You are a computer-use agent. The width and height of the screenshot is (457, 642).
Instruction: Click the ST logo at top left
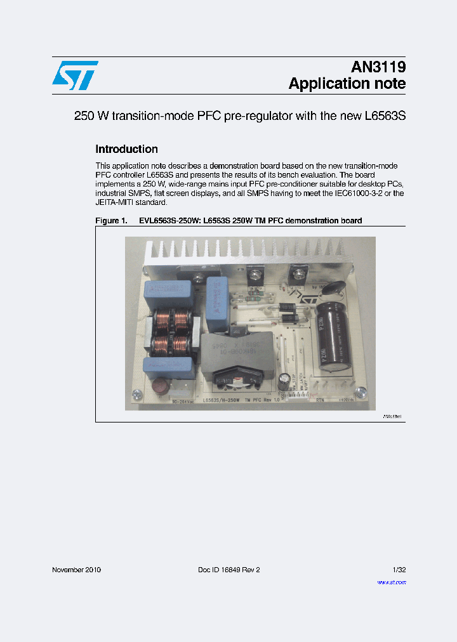click(75, 75)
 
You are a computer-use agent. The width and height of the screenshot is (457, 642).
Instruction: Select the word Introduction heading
click(126, 150)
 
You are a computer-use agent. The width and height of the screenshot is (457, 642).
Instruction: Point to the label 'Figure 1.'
click(111, 221)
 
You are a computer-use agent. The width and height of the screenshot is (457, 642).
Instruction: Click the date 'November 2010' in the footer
click(76, 570)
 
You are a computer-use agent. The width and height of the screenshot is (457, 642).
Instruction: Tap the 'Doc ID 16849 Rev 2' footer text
click(229, 570)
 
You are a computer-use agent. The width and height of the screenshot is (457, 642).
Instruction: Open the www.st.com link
click(391, 582)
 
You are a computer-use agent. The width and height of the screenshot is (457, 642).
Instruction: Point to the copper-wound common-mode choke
click(169, 332)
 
